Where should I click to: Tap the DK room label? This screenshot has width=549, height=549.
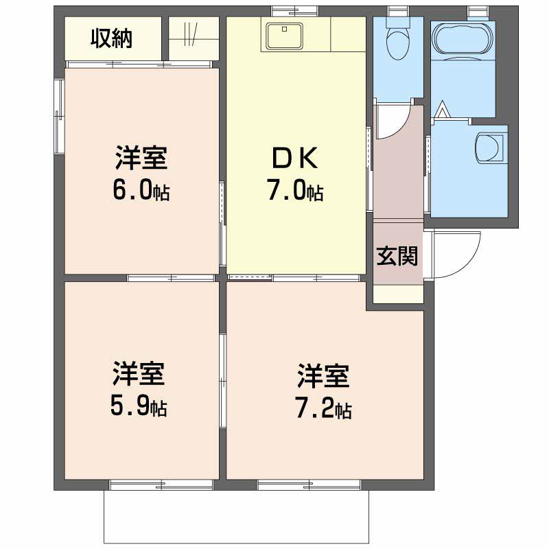tap(294, 159)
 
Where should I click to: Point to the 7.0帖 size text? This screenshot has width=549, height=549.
tap(295, 192)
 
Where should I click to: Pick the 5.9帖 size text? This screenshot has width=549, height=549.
tap(139, 408)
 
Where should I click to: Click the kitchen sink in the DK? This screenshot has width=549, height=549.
tap(283, 35)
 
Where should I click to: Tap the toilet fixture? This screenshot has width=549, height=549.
tap(397, 41)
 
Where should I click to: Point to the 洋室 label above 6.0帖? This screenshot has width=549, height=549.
tap(141, 159)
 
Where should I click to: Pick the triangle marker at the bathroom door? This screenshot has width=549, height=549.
tap(443, 109)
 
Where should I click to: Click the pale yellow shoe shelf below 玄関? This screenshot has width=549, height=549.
tap(398, 294)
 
